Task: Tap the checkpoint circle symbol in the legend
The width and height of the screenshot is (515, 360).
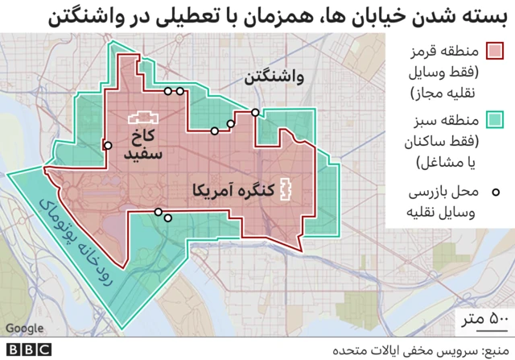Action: tap(496, 192)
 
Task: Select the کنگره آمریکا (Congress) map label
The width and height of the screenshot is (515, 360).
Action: tap(228, 192)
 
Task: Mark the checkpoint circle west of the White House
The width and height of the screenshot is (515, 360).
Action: tap(108, 146)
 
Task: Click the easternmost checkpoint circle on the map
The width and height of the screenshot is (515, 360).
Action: tap(255, 113)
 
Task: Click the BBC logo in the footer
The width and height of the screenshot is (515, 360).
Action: tap(27, 350)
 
